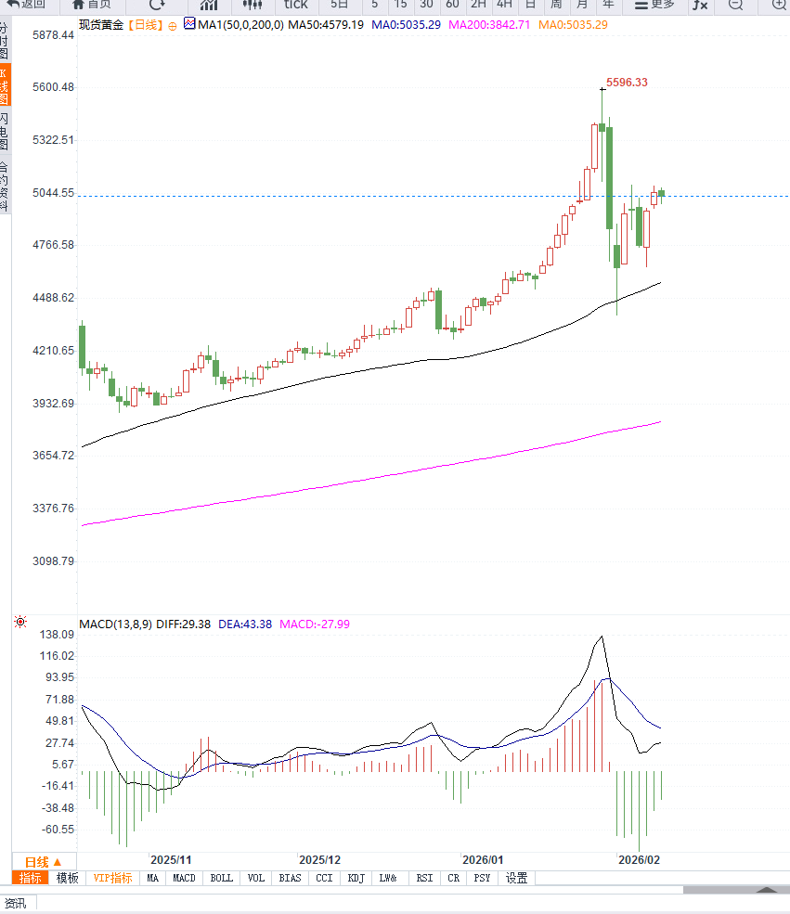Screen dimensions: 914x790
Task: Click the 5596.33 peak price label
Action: pos(627,83)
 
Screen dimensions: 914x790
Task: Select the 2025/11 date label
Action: pos(171,860)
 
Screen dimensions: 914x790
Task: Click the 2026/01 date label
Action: pos(482,860)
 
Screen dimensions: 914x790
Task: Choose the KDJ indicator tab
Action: pos(356,878)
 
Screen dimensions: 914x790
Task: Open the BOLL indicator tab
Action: pos(221,878)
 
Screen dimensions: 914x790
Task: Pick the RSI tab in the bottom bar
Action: pos(424,878)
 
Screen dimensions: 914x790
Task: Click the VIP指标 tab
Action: pos(112,878)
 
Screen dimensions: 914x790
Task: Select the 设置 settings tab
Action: pos(516,878)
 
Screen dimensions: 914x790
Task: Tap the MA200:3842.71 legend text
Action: pos(489,24)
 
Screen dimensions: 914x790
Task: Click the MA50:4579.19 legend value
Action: pos(325,24)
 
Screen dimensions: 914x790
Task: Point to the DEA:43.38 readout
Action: pos(245,624)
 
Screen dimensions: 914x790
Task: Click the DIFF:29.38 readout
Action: pos(187,624)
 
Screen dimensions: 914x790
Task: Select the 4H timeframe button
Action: pos(504,5)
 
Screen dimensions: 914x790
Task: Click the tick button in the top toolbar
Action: pos(295,5)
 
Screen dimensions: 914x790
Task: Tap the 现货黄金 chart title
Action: pos(100,25)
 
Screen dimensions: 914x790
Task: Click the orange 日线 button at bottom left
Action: pos(43,861)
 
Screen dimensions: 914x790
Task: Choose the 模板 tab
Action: pos(68,878)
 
